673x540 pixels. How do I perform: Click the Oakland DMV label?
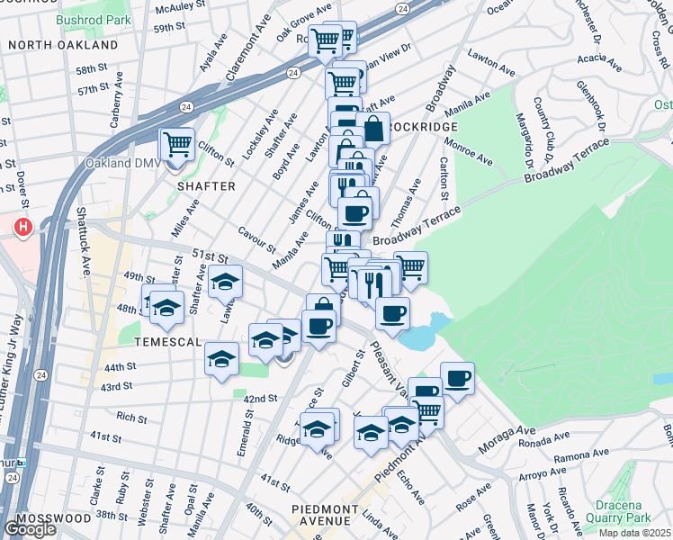coord(115,164)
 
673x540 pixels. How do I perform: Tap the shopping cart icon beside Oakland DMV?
coord(177,142)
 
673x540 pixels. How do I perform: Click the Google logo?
coord(30,529)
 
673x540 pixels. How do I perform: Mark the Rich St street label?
coord(131,418)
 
